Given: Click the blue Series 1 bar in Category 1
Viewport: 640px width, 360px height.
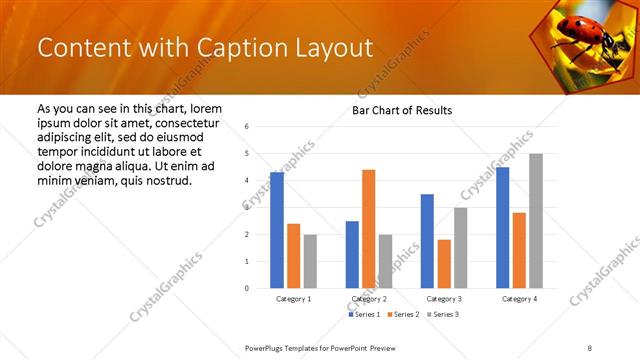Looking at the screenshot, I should click(x=277, y=230).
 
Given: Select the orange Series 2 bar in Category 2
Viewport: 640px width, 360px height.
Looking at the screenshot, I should click(x=369, y=229).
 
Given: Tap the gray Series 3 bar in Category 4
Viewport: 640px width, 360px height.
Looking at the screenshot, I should click(x=536, y=221).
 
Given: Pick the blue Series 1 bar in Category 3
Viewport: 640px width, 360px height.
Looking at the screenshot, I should click(x=427, y=241).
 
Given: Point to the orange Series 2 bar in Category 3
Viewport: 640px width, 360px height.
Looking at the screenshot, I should click(x=444, y=264).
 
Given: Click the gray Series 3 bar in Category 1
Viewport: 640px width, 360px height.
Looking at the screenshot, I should click(x=310, y=261).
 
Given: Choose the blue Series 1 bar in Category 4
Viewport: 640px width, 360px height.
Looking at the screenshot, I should click(x=502, y=227).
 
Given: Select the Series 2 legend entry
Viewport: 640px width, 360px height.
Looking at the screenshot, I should click(x=402, y=315).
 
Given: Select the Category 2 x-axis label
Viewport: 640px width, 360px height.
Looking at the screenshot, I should click(x=369, y=299).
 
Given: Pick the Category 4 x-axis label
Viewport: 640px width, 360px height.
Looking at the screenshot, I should click(x=519, y=299).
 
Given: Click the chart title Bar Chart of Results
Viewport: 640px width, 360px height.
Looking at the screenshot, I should click(x=402, y=110).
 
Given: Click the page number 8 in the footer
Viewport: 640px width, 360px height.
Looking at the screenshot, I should click(x=590, y=347).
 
